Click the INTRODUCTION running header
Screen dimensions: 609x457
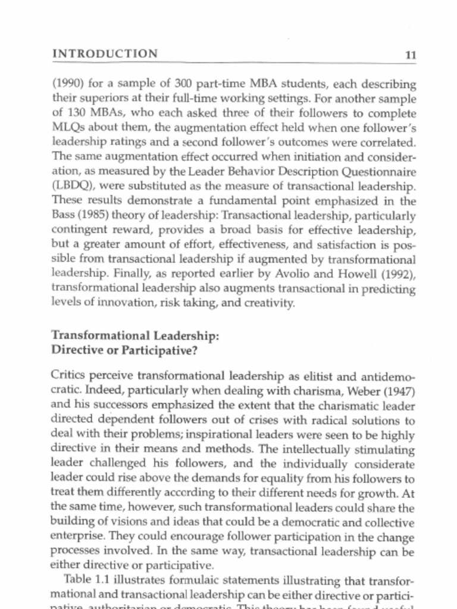tap(105, 54)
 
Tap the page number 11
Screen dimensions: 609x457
tap(410, 55)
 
